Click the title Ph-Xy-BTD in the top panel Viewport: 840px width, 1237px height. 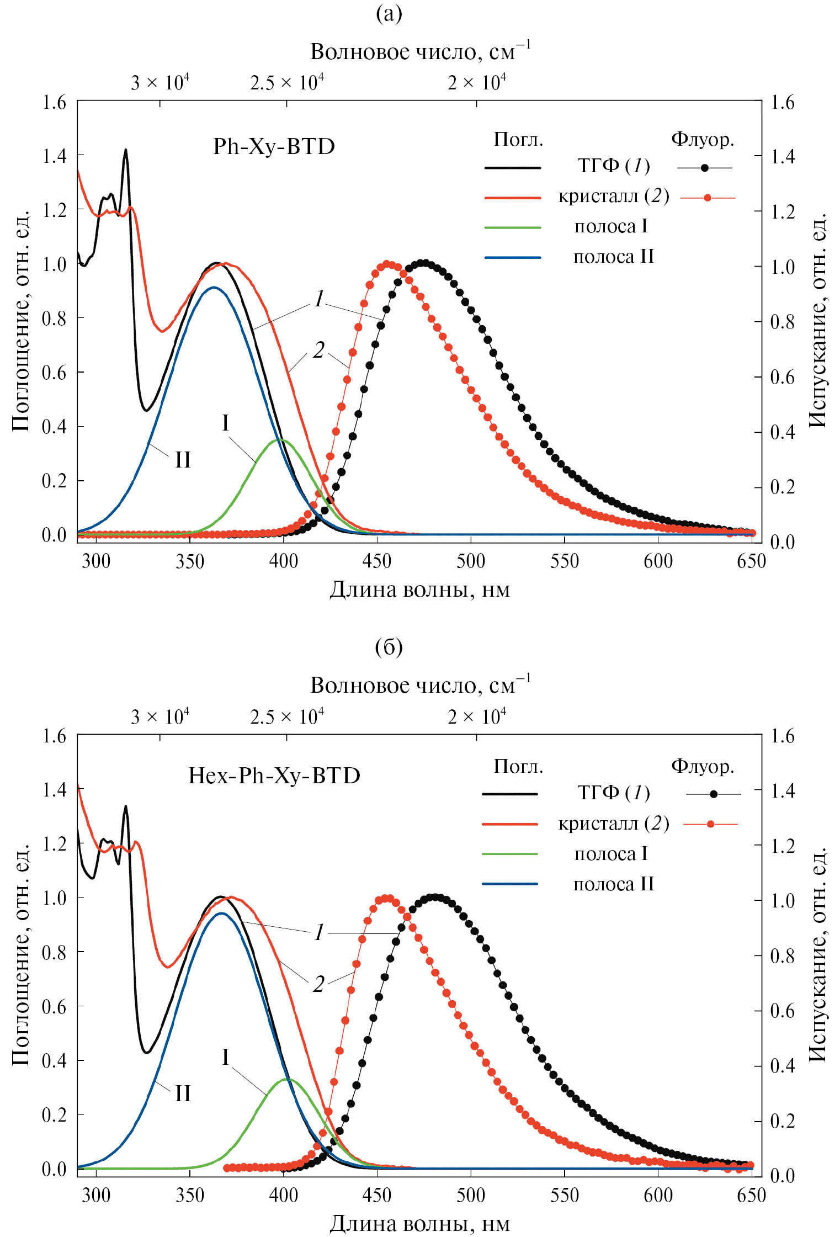pyautogui.click(x=274, y=147)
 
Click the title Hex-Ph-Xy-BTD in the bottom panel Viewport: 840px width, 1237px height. pyautogui.click(x=274, y=776)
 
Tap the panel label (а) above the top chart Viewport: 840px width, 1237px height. pyautogui.click(x=389, y=13)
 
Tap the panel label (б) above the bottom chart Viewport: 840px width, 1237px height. pyautogui.click(x=389, y=646)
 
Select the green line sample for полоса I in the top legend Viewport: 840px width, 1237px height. pyautogui.click(x=512, y=227)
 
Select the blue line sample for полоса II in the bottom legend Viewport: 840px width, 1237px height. pyautogui.click(x=510, y=884)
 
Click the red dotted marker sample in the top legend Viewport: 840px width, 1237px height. pyautogui.click(x=708, y=198)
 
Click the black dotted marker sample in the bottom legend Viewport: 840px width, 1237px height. pyautogui.click(x=714, y=794)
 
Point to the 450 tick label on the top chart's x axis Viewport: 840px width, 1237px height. pyautogui.click(x=377, y=562)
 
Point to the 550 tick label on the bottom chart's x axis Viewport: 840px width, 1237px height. pyautogui.click(x=564, y=1196)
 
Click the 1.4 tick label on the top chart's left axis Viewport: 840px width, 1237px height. pyautogui.click(x=54, y=156)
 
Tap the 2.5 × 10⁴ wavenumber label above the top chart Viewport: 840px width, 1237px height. pyautogui.click(x=286, y=83)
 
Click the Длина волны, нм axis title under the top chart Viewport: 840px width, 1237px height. pyautogui.click(x=419, y=590)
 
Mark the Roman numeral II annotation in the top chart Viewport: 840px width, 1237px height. pyautogui.click(x=183, y=460)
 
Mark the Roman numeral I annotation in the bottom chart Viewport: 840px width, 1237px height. pyautogui.click(x=225, y=1057)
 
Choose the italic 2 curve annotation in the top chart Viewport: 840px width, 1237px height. pyautogui.click(x=318, y=350)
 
